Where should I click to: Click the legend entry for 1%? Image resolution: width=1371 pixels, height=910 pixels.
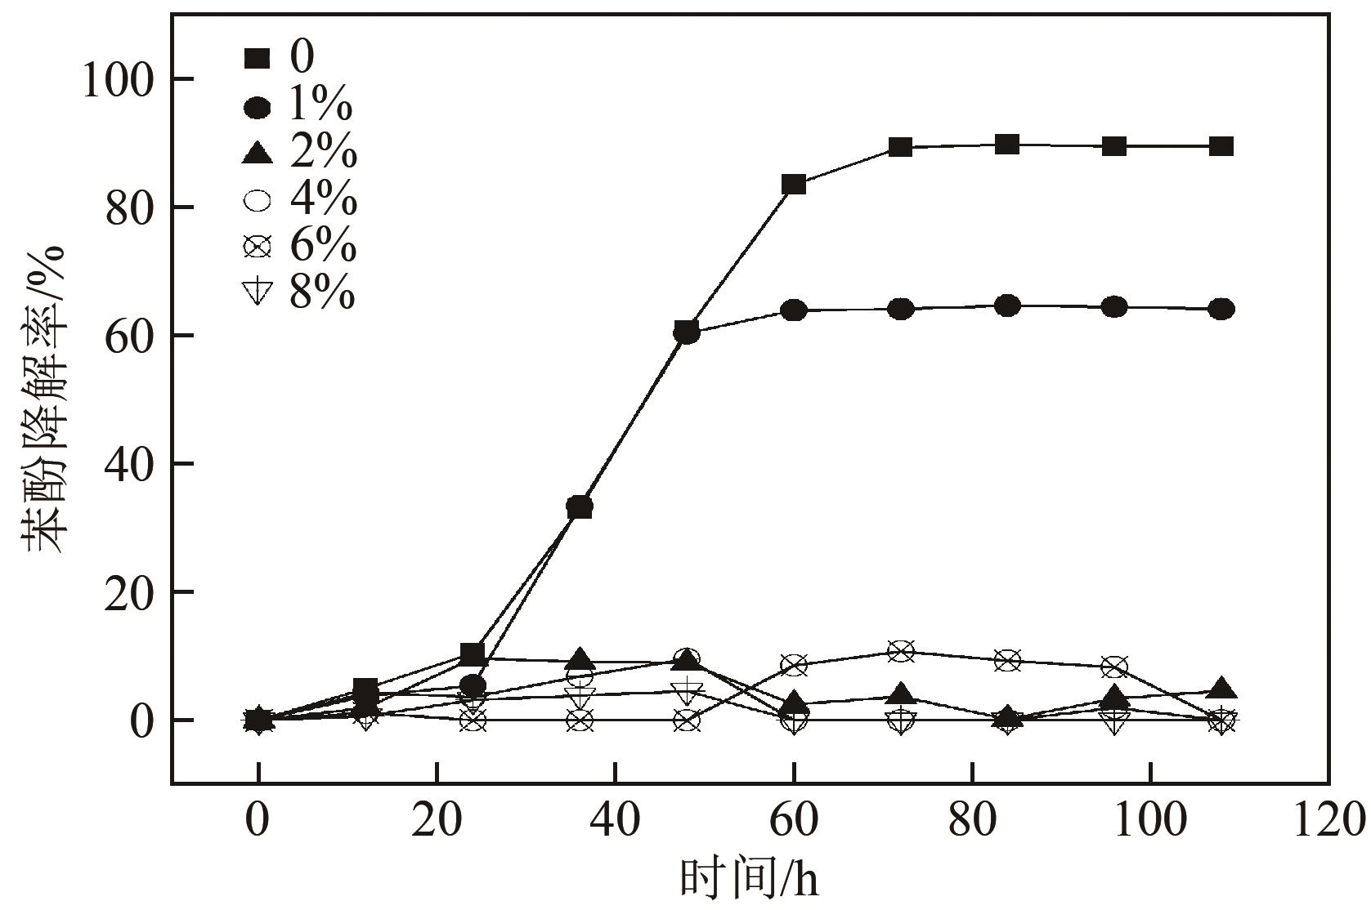coord(299,106)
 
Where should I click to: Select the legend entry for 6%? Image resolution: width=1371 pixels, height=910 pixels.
coord(299,245)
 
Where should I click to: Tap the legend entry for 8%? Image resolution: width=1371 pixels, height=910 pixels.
coord(299,292)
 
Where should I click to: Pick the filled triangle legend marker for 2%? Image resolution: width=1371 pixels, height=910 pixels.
coord(258,153)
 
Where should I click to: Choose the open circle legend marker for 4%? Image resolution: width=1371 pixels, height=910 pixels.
coord(258,199)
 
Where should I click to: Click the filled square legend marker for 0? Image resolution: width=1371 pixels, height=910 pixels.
coord(257,59)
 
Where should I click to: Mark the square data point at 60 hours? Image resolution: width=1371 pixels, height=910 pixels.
coord(794,185)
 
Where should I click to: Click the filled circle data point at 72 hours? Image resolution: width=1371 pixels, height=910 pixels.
coord(901,310)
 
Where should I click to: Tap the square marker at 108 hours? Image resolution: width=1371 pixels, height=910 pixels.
coord(1221,147)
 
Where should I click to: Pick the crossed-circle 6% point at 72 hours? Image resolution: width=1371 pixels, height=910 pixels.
coord(901,651)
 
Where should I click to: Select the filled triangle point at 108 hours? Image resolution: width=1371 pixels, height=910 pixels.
coord(1221,689)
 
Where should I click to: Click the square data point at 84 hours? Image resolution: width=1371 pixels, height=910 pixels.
coord(1008,145)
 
